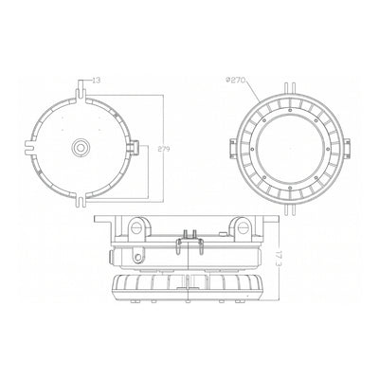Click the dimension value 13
[97, 81]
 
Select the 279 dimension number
[164, 149]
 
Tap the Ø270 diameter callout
[236, 80]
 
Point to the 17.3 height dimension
[278, 260]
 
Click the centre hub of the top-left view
[81, 147]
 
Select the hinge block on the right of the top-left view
[133, 148]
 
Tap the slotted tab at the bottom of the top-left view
[81, 200]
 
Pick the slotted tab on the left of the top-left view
[30, 147]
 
